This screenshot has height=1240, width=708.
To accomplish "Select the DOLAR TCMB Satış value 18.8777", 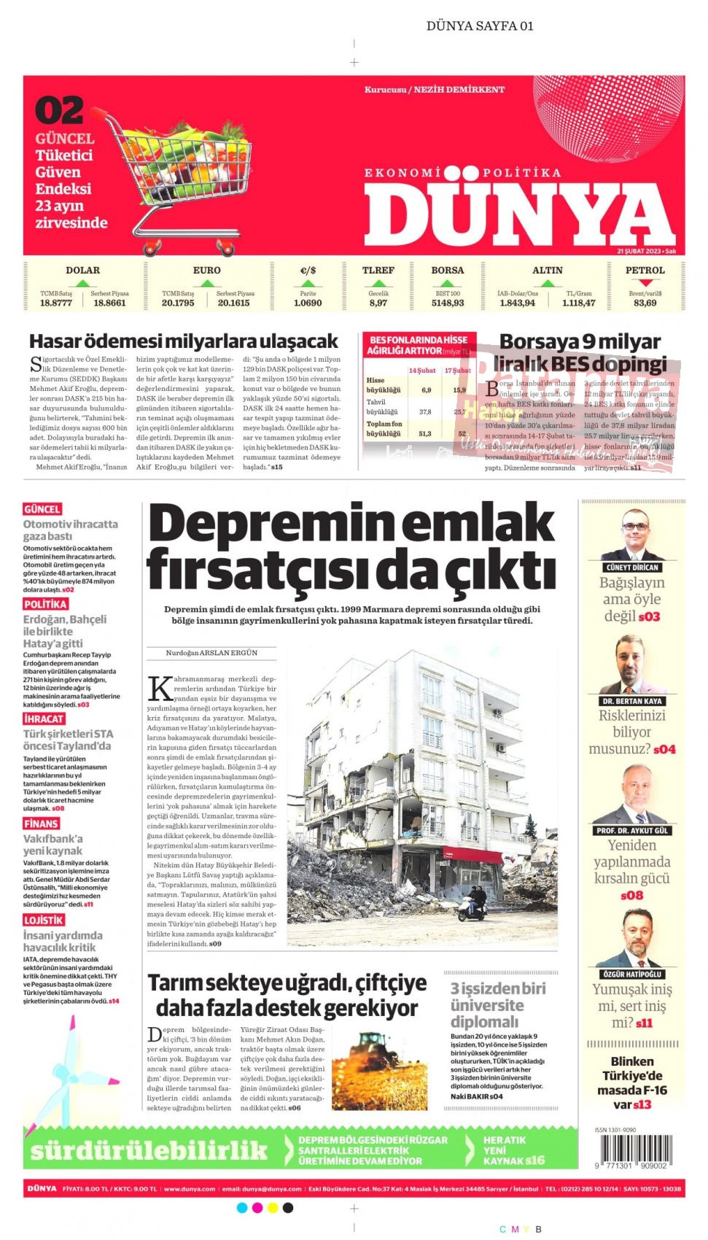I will click(x=56, y=303).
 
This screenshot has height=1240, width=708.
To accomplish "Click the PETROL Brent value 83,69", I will click(x=645, y=303).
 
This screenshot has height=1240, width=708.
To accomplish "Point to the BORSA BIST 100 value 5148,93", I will click(x=447, y=303).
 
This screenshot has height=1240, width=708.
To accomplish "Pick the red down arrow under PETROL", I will click(x=645, y=283).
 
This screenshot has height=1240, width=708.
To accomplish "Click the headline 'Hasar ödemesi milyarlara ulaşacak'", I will click(x=183, y=341).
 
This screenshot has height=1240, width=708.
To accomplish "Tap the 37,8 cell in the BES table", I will click(x=425, y=411).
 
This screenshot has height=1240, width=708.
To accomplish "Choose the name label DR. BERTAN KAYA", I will click(x=632, y=701).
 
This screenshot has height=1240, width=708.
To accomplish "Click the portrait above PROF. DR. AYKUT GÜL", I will click(x=632, y=795).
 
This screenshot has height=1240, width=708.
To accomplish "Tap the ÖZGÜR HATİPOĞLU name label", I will click(x=632, y=974).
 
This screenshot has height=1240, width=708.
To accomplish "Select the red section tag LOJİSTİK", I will click(x=44, y=921).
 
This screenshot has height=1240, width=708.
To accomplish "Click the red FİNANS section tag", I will click(x=41, y=824).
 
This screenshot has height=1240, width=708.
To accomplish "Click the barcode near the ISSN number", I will click(x=632, y=1151).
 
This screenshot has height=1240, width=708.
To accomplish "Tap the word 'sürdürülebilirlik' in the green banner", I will click(x=149, y=1150).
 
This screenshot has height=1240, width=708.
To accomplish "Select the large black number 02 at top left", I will click(x=59, y=111).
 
